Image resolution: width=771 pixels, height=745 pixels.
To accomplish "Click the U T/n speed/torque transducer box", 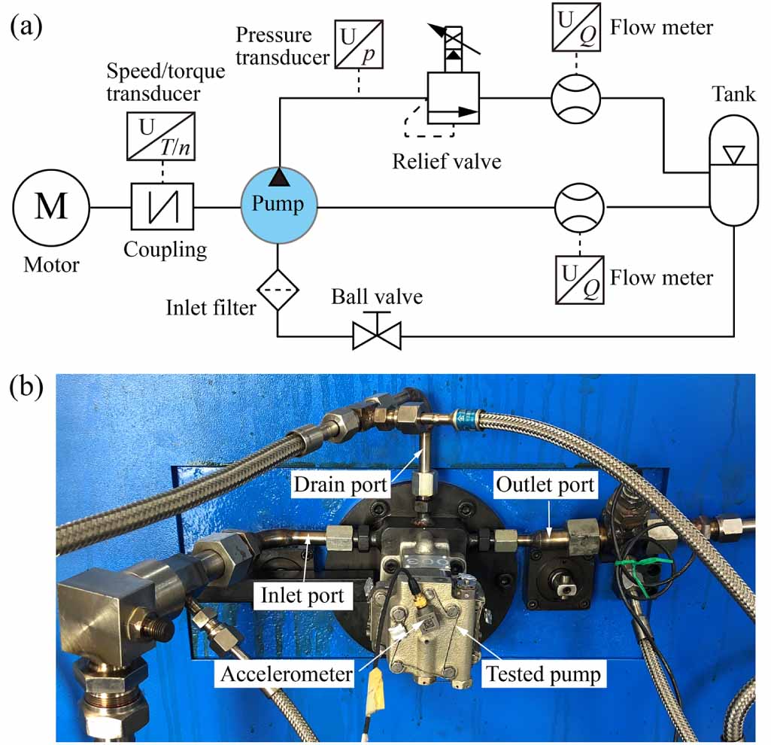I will [163, 135].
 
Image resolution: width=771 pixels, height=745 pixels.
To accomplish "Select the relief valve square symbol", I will [453, 99].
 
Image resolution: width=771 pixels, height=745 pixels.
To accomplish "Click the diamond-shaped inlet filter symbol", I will [279, 286].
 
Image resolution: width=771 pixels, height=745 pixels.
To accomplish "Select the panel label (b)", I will [26, 390].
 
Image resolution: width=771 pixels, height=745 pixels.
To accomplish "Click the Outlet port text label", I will [545, 486].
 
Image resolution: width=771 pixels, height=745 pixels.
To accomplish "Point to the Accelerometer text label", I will [286, 674].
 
